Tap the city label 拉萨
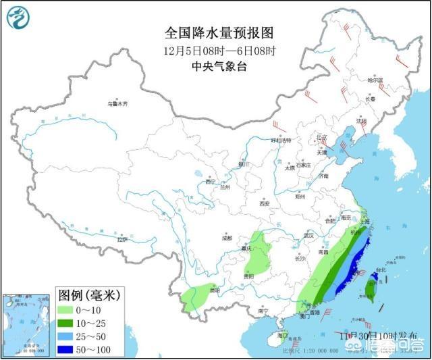point(122,239)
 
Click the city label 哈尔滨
point(375,80)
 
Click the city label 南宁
point(263,311)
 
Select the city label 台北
point(379,270)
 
